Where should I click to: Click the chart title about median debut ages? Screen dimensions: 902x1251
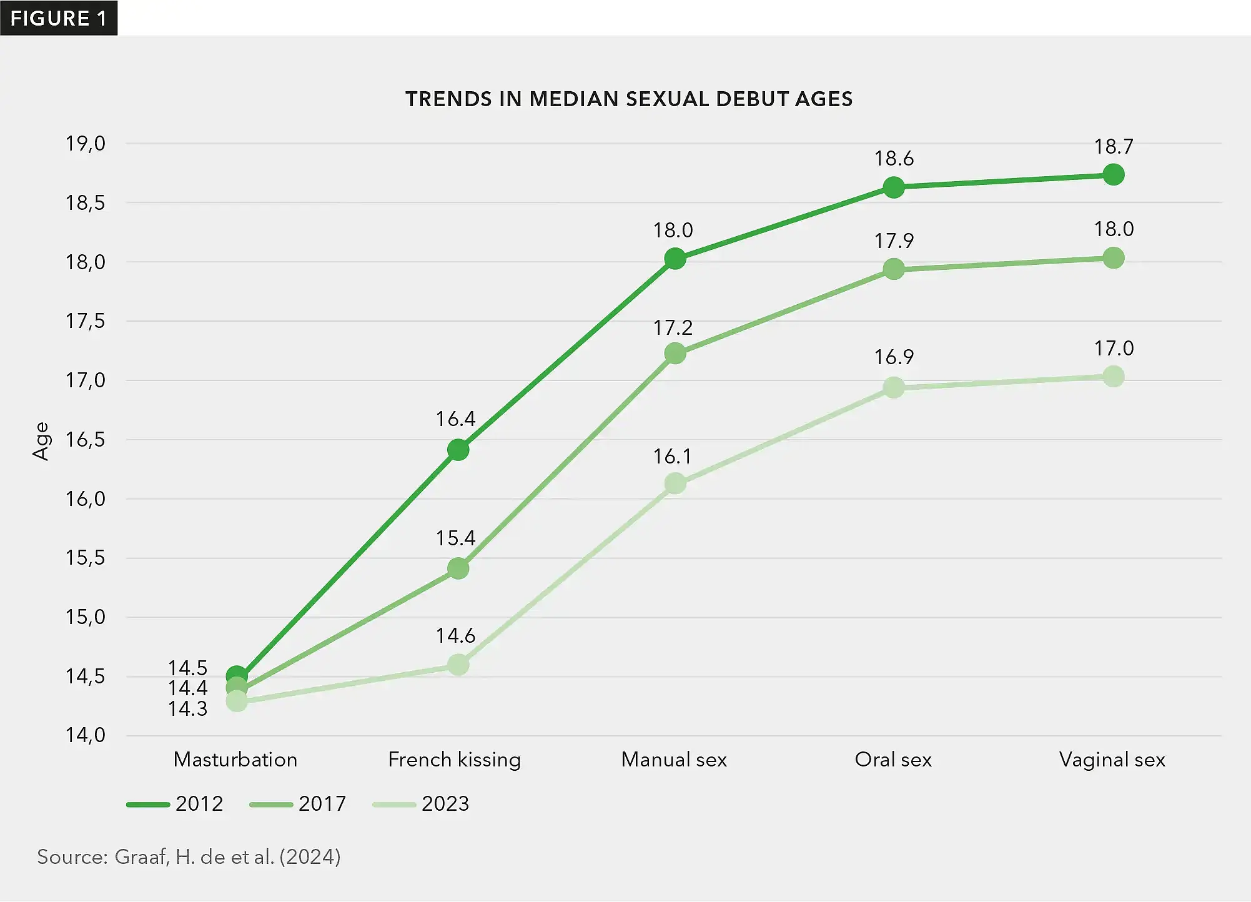[x=629, y=99]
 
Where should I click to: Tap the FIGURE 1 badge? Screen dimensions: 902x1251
[x=59, y=18]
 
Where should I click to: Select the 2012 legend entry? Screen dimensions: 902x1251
[x=175, y=803]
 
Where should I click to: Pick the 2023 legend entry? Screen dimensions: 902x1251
[x=421, y=803]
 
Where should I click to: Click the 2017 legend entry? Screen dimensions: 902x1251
[x=298, y=803]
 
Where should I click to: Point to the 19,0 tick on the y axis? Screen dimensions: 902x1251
[x=86, y=144]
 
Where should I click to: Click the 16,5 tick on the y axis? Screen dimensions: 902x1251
[x=86, y=440]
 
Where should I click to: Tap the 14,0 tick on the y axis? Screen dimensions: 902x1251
[x=86, y=735]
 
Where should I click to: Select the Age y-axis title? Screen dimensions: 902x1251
[x=41, y=441]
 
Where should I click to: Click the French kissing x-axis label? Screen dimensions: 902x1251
[x=454, y=760]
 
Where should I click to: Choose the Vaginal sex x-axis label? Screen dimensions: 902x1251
[x=1112, y=760]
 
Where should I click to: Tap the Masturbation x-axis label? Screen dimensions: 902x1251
[x=235, y=760]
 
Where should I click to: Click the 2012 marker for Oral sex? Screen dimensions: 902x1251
[x=894, y=187]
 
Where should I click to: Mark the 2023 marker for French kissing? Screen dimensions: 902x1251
[x=458, y=665]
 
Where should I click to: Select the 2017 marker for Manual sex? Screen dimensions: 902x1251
[x=675, y=354]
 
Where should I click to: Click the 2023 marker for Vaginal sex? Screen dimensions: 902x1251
[x=1114, y=377]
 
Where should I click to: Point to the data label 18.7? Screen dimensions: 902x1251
[x=1114, y=147]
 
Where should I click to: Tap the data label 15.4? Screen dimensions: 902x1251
[x=455, y=538]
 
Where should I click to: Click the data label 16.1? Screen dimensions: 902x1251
[x=673, y=457]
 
